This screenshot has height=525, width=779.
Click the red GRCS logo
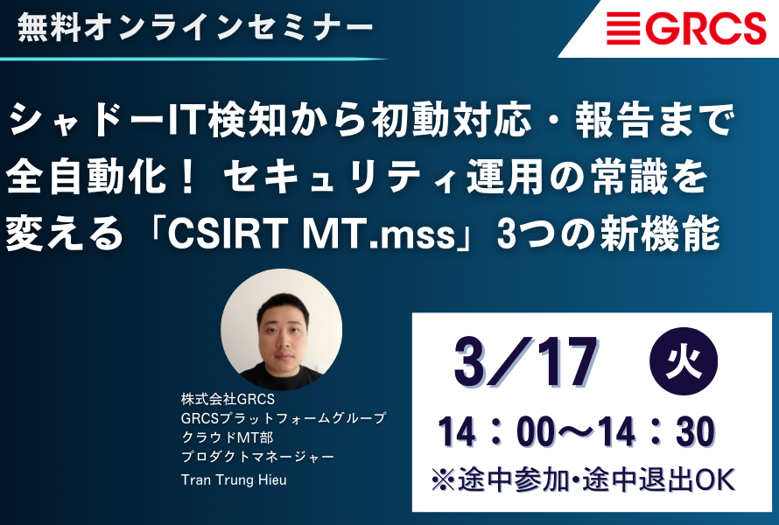686,28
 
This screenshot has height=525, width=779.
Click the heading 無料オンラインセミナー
195,27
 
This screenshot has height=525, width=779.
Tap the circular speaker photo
281,329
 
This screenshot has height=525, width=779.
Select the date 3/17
526,362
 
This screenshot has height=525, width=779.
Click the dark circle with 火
684,361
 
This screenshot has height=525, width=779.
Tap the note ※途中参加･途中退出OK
583,479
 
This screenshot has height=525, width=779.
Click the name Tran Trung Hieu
234,479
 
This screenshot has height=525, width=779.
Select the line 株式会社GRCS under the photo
228,399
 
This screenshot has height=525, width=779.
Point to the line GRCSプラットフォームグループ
284,418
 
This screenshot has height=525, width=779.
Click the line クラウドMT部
227,437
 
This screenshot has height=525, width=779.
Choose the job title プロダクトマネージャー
257,457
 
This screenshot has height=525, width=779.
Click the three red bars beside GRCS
623,28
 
